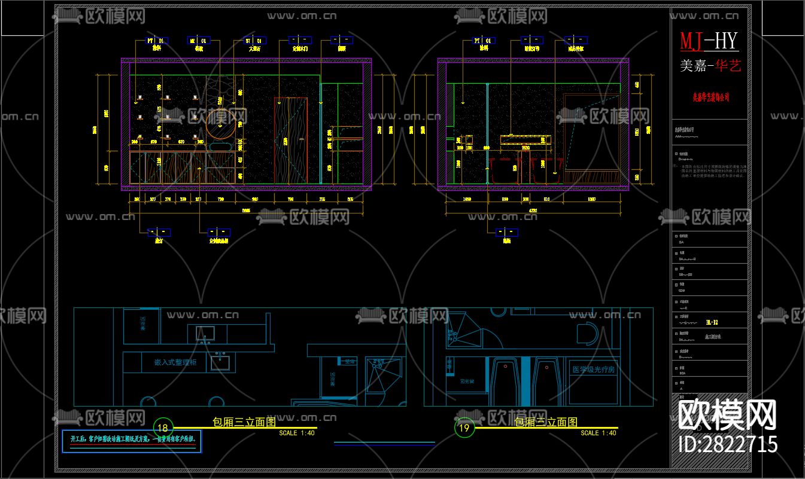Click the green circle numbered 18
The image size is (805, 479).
point(163,428)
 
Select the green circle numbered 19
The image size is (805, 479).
point(464,428)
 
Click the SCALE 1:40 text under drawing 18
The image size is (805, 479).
point(297,433)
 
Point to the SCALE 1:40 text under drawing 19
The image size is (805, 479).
point(598,433)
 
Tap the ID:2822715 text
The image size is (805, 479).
point(728,444)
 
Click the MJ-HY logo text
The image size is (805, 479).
point(709,41)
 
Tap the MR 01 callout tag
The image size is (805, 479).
point(198,41)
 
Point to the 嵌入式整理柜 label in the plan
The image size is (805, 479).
point(171,362)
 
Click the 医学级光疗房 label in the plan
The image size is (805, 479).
point(593,370)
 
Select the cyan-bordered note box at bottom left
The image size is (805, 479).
point(133,441)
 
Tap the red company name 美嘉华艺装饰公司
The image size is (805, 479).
point(710,96)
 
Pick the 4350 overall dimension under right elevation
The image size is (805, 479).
point(533,210)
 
